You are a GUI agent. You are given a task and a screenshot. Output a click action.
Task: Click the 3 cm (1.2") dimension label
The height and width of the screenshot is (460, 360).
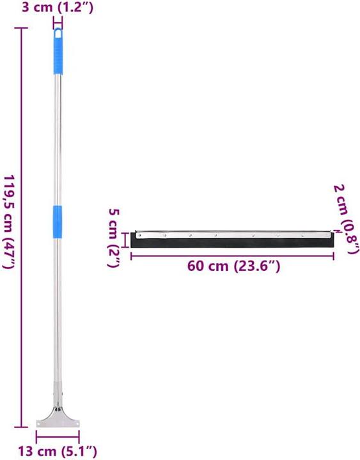[58, 7]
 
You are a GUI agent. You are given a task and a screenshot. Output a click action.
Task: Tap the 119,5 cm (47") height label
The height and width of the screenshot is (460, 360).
[9, 222]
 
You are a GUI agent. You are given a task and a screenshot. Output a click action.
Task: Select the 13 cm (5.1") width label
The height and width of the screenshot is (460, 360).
[58, 451]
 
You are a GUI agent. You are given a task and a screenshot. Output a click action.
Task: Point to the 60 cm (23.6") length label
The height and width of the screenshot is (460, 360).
[233, 266]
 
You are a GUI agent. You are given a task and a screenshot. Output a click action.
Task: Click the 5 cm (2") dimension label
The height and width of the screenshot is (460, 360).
[113, 238]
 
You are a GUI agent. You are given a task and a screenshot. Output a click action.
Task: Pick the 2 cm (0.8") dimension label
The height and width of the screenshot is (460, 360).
[346, 218]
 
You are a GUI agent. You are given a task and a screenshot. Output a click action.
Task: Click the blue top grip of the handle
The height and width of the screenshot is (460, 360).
[58, 51]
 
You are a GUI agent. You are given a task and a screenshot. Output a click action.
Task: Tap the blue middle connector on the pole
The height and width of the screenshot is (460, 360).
[58, 222]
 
